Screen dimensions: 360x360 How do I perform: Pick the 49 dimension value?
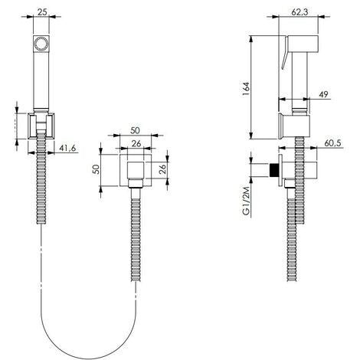(326, 93)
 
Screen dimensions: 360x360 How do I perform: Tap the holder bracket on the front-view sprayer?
(43, 125)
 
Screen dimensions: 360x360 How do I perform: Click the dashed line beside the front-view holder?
(17, 124)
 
